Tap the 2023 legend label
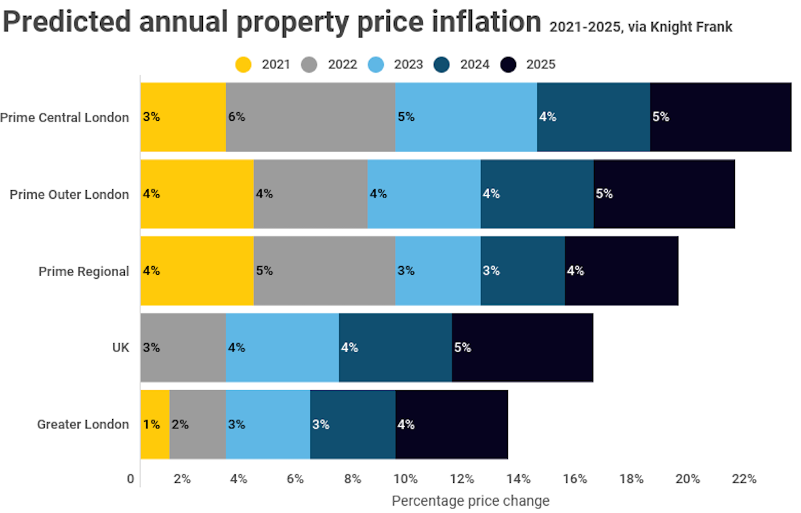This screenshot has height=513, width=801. pyautogui.click(x=408, y=65)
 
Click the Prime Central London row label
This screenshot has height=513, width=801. pyautogui.click(x=65, y=117)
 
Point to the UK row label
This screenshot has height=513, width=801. pyautogui.click(x=120, y=348)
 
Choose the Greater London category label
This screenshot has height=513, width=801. pyautogui.click(x=83, y=424)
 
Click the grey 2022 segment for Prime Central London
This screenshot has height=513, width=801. pyautogui.click(x=310, y=117)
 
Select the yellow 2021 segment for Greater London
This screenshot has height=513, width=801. pyautogui.click(x=155, y=424)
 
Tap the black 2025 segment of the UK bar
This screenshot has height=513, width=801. pyautogui.click(x=523, y=348)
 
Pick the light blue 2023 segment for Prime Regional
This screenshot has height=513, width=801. pyautogui.click(x=438, y=271)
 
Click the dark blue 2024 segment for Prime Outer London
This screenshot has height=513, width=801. pyautogui.click(x=537, y=194)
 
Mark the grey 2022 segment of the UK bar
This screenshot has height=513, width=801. pyautogui.click(x=183, y=348)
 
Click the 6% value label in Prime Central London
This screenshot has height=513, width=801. pyautogui.click(x=236, y=117)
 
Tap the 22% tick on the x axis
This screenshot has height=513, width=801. pyautogui.click(x=744, y=479)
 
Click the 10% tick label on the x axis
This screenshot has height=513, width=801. pyautogui.click(x=405, y=479)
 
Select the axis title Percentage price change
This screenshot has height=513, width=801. pyautogui.click(x=471, y=500)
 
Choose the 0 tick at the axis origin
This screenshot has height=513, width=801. pyautogui.click(x=131, y=479)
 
